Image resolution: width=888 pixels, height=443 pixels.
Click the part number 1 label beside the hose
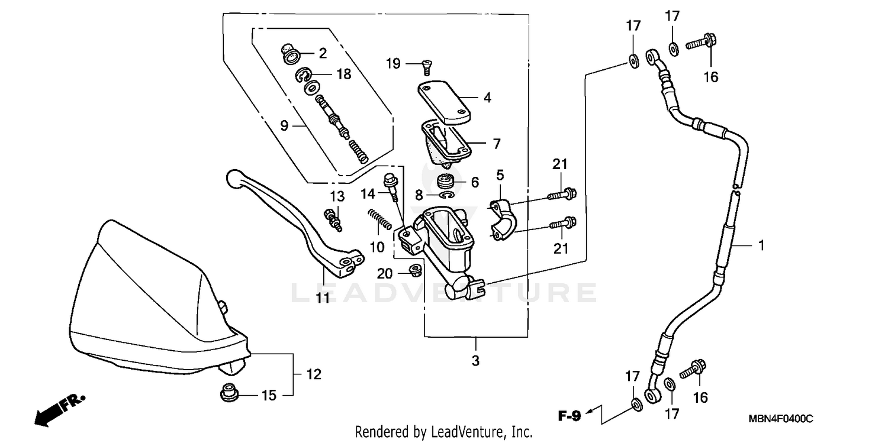pyautogui.click(x=761, y=245)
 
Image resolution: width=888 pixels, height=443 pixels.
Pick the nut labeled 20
pyautogui.click(x=414, y=271)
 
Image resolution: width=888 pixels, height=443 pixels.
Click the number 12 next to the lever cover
pyautogui.click(x=314, y=374)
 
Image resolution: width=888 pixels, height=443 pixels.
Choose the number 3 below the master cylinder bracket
pyautogui.click(x=476, y=360)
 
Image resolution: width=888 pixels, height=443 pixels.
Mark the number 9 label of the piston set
pyautogui.click(x=284, y=125)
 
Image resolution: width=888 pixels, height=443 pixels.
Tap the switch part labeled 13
pyautogui.click(x=334, y=219)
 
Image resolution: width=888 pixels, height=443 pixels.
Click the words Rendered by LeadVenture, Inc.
pyautogui.click(x=443, y=432)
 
